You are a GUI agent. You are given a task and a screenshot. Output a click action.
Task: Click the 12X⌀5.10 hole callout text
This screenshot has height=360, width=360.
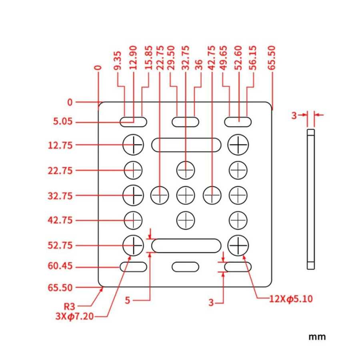coord(290,298)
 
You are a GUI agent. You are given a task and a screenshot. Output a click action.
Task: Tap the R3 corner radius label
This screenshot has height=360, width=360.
coord(70,307)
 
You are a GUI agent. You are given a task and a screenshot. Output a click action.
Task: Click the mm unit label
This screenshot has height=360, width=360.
coord(317,337)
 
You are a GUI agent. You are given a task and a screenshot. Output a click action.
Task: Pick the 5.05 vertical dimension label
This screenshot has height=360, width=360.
coord(63,122)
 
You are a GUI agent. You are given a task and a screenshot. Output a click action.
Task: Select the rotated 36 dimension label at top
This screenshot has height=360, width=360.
coord(198,66)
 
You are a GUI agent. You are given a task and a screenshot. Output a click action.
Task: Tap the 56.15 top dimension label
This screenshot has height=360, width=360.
coord(253,59)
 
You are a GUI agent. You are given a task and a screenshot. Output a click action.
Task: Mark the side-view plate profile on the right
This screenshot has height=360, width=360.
coord(311,199)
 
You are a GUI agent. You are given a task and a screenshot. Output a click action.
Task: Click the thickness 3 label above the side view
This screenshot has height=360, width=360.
coord(294,116)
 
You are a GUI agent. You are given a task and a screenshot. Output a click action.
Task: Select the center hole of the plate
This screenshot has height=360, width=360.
coord(185,195)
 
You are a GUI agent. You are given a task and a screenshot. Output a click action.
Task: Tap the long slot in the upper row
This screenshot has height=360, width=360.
coord(186,145)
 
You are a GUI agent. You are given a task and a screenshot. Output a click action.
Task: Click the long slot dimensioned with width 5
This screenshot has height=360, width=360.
coord(186,246)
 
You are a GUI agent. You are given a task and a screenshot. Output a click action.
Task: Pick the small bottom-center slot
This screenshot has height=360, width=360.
coord(185,266)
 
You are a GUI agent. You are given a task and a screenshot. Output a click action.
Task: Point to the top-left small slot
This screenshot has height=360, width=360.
coord(133,122)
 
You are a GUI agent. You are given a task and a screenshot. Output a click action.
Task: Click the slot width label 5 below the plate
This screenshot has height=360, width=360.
coord(127,300)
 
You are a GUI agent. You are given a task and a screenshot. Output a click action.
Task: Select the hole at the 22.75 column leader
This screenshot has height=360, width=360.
coord(159,195)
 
